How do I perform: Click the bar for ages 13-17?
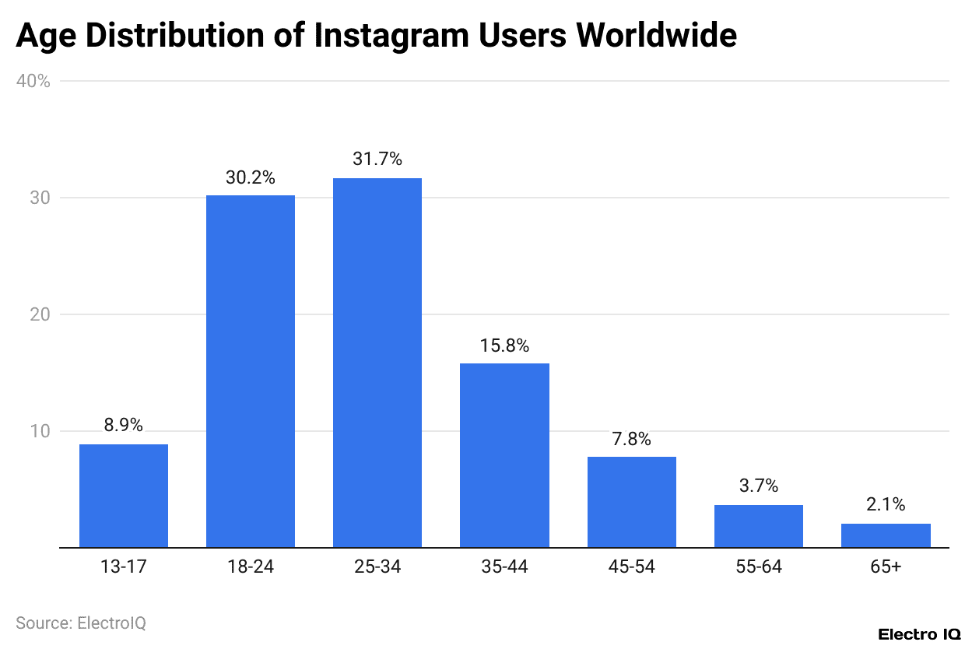[124, 496]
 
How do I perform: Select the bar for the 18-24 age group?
[251, 371]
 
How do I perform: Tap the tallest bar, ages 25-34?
[377, 363]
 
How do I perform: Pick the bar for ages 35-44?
[504, 455]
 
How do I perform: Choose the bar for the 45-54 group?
[631, 502]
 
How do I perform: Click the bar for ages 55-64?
[758, 526]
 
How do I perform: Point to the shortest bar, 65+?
[886, 535]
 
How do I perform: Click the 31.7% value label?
[377, 160]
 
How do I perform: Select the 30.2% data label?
[251, 177]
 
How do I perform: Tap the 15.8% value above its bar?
[504, 346]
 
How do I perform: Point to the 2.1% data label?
[886, 505]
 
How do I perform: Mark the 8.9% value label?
[124, 426]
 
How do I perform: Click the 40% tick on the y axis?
[33, 81]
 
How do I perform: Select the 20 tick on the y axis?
[40, 314]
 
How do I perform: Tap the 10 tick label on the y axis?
[40, 431]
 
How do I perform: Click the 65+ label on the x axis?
[886, 567]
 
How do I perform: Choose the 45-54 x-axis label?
[631, 567]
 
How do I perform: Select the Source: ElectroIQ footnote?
[81, 623]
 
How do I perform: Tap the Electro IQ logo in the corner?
[919, 635]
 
